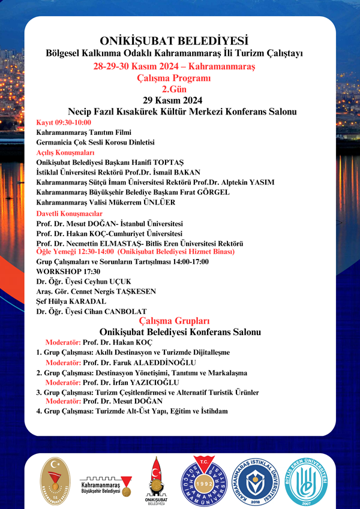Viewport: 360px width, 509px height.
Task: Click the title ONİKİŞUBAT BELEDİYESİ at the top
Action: pyautogui.click(x=174, y=41)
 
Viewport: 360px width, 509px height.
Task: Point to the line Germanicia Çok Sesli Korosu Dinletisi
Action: pyautogui.click(x=95, y=142)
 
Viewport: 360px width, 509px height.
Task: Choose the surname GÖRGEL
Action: pyautogui.click(x=212, y=192)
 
